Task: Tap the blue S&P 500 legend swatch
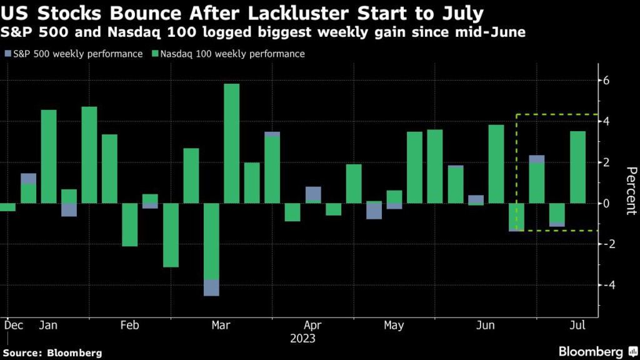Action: pyautogui.click(x=7, y=54)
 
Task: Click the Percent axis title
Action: pyautogui.click(x=631, y=191)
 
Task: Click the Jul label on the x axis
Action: pyautogui.click(x=577, y=326)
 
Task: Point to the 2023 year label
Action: pyautogui.click(x=303, y=339)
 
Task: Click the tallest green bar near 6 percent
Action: pyautogui.click(x=231, y=143)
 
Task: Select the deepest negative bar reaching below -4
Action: pyautogui.click(x=211, y=249)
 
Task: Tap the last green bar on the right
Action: pyautogui.click(x=577, y=167)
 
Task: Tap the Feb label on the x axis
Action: pyautogui.click(x=129, y=326)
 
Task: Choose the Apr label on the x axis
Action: pyautogui.click(x=312, y=326)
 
